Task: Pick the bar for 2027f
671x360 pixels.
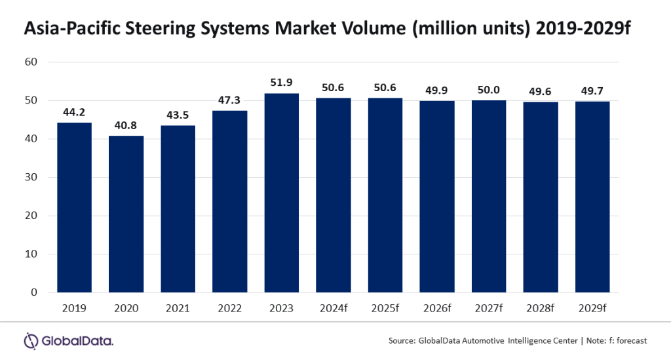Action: click(x=489, y=196)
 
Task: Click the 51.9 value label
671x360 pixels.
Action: click(x=281, y=83)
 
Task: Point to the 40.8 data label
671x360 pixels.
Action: click(x=126, y=126)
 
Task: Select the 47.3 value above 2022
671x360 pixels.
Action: click(x=229, y=101)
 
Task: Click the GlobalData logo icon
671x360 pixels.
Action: click(x=31, y=340)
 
